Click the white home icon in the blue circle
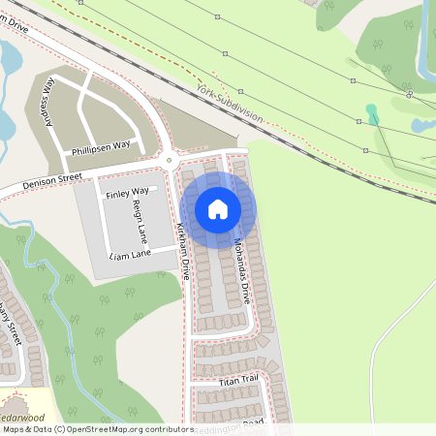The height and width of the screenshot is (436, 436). [x=218, y=208]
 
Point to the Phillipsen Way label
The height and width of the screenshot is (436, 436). [x=101, y=147]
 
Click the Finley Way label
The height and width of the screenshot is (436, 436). [x=128, y=192]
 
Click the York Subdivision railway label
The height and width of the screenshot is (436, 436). [x=229, y=102]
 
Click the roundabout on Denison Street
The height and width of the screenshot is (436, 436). [x=169, y=161]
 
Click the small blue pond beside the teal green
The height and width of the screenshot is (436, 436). [x=421, y=125]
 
